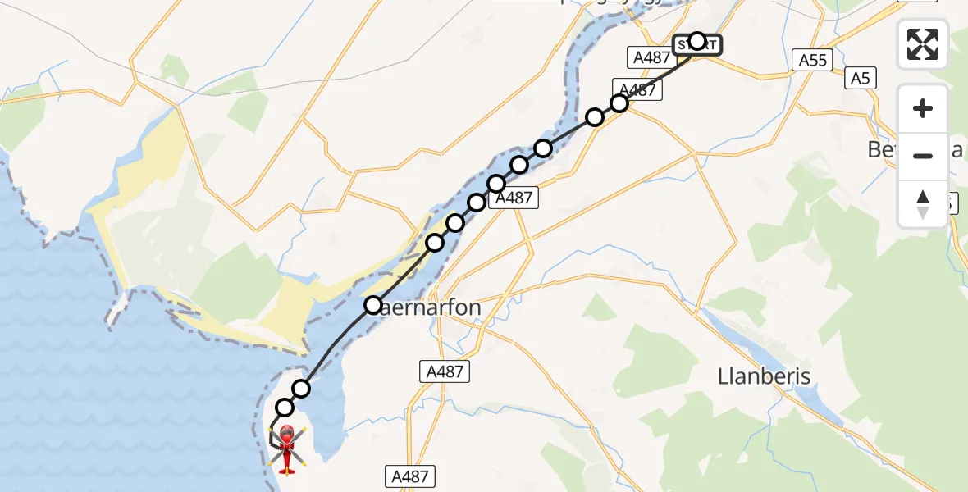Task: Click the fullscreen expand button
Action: coord(923,44)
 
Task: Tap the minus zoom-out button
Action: coord(923,156)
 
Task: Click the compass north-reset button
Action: coord(923,203)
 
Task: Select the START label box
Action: coord(697,44)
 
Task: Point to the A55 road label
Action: coord(814,59)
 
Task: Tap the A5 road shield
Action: coord(860,78)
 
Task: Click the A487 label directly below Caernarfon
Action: coord(446,371)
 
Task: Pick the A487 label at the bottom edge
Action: coord(410,476)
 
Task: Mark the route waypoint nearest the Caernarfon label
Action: coord(373,306)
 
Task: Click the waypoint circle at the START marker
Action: coord(696,40)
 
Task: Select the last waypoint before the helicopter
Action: coord(285,408)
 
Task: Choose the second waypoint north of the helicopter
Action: coord(302,389)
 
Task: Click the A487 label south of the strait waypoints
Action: coord(514,197)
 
